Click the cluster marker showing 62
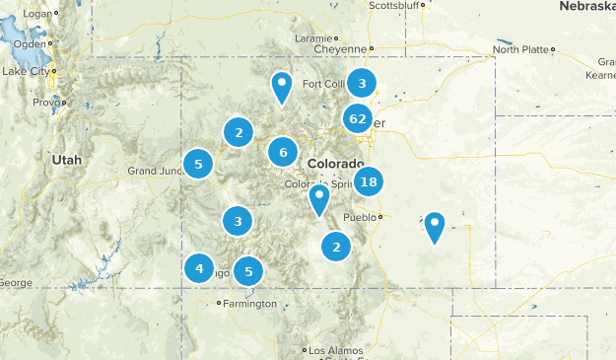click(357, 119)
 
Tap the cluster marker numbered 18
click(369, 181)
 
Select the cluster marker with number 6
click(283, 152)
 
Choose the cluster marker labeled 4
click(199, 267)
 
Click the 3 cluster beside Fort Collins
click(363, 84)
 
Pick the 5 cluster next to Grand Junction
click(199, 165)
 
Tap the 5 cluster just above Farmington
click(249, 271)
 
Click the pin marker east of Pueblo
click(435, 226)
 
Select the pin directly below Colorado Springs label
click(318, 198)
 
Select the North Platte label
click(519, 49)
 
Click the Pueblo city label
click(360, 217)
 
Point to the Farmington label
click(249, 304)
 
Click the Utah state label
click(67, 159)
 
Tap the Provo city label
click(46, 103)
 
